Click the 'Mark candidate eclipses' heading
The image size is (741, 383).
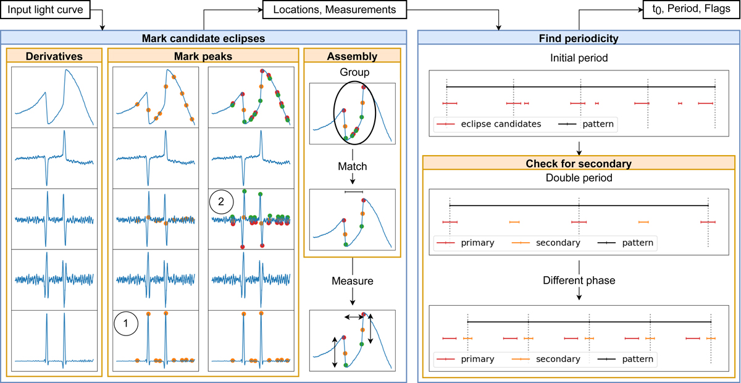204,38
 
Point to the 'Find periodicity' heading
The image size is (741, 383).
579,38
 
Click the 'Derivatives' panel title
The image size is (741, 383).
54,57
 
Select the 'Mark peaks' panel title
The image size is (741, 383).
204,57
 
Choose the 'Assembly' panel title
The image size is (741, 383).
352,57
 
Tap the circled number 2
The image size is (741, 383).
222,201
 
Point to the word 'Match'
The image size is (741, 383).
352,166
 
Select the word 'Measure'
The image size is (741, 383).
352,281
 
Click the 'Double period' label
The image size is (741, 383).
579,179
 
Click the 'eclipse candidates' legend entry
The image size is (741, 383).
500,124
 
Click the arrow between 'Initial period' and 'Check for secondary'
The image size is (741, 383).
579,148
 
